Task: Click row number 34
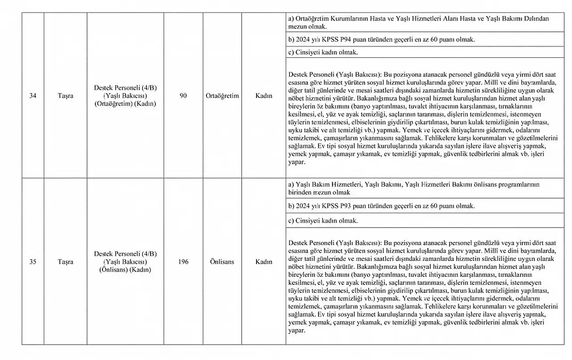[33, 96]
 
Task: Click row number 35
[33, 262]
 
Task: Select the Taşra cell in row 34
[65, 96]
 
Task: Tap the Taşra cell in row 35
[65, 262]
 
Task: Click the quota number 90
[183, 96]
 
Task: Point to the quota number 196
[183, 262]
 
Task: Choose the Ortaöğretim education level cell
[223, 96]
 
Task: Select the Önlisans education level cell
[222, 262]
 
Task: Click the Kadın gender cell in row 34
[264, 96]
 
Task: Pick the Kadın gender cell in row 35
[264, 262]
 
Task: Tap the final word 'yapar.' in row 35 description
[297, 330]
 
